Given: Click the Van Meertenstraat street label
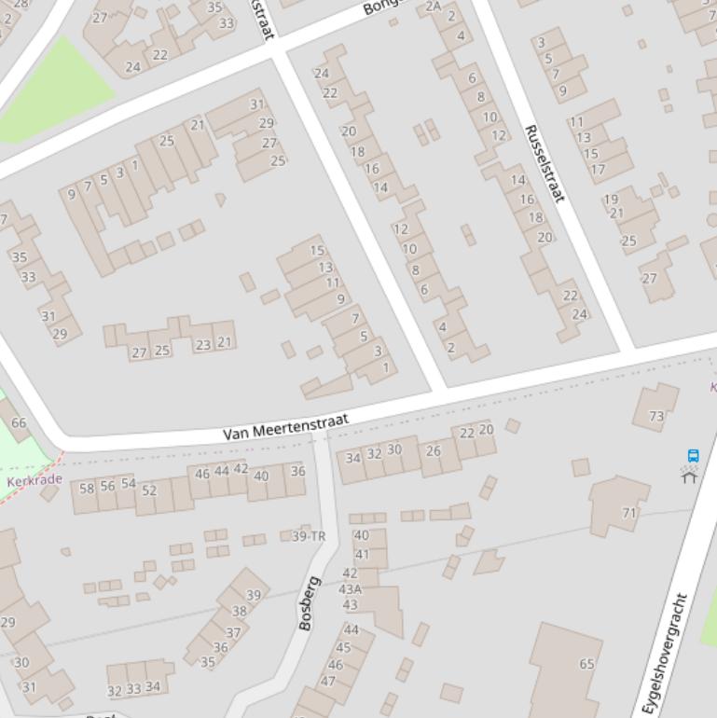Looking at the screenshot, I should click(285, 428).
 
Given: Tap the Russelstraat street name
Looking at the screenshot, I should click(545, 163).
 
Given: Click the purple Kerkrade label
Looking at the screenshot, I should click(34, 481).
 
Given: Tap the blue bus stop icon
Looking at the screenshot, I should click(693, 456).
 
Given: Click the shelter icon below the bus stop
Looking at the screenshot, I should click(689, 476).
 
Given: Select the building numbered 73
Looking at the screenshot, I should click(656, 417).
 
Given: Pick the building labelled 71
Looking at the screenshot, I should click(629, 513).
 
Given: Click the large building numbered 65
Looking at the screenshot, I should click(586, 664).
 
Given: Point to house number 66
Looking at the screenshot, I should click(19, 422).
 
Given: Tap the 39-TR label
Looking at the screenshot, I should click(309, 536).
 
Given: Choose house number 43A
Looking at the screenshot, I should click(350, 589).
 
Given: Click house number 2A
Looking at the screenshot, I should click(433, 7).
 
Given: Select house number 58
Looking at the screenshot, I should click(87, 488).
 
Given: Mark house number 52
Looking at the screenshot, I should click(149, 490).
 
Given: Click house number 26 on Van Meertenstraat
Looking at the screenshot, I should click(433, 450).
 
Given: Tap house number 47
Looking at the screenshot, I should click(328, 681).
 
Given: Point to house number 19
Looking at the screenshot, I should click(611, 199).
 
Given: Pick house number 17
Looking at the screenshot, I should click(598, 169).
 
